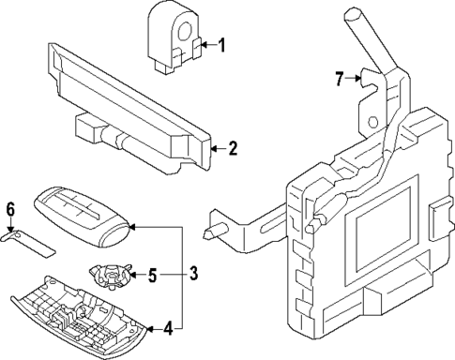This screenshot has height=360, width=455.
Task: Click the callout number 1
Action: [x=221, y=44]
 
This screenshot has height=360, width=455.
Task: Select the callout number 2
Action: [x=232, y=147]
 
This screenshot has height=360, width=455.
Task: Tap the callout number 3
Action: [x=193, y=274]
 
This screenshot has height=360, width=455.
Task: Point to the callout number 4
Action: [x=167, y=328]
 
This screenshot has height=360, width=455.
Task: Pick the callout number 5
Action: [x=152, y=276]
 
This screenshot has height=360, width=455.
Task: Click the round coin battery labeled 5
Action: [x=110, y=276]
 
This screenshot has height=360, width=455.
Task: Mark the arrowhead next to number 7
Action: [x=357, y=79]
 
